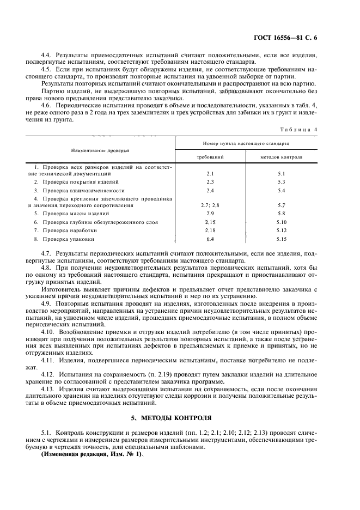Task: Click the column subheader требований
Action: [210, 156]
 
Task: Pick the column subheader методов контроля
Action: [282, 156]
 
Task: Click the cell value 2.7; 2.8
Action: [210, 205]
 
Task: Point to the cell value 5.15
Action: [282, 239]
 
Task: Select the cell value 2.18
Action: [210, 230]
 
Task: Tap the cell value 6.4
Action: [210, 239]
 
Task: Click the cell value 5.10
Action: [282, 222]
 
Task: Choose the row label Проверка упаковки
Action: [68, 239]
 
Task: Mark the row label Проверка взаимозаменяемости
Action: [82, 191]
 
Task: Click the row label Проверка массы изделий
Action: [75, 214]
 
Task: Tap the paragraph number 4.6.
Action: [47, 104]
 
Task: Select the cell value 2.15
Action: [210, 222]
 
